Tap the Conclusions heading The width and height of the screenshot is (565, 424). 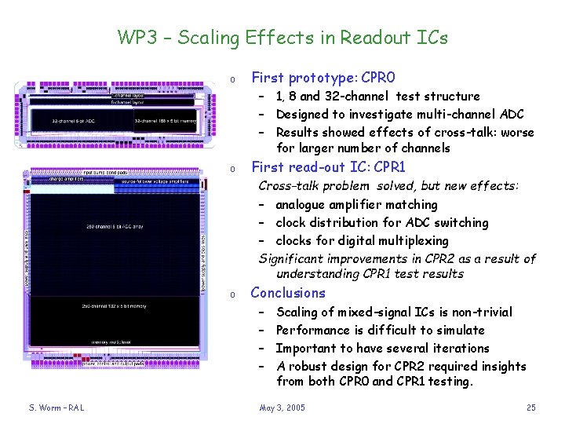287,293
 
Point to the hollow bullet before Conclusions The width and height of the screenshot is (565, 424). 232,294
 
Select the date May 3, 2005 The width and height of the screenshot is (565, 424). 282,408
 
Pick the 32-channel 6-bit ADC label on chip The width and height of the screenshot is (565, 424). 75,121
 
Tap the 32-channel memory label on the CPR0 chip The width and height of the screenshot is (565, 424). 165,121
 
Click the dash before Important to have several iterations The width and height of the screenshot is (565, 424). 262,349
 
